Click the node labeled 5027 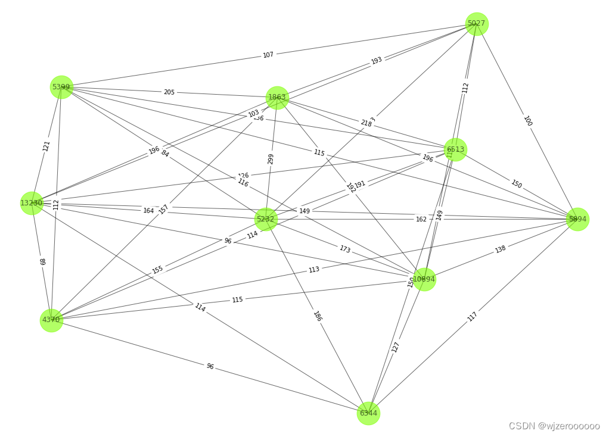(477, 24)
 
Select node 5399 (61, 87)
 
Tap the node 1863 (277, 97)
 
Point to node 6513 (456, 149)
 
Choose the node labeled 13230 (32, 203)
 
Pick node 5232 (266, 219)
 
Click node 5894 (577, 219)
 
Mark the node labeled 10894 (424, 279)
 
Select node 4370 (51, 320)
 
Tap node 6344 (368, 413)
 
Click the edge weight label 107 (268, 55)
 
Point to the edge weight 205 (169, 92)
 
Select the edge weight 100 (527, 121)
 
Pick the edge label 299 (271, 159)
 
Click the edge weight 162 (421, 219)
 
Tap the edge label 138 (501, 249)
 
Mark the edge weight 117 (473, 316)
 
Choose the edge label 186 (318, 316)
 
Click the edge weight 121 (46, 146)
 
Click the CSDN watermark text (554, 426)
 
